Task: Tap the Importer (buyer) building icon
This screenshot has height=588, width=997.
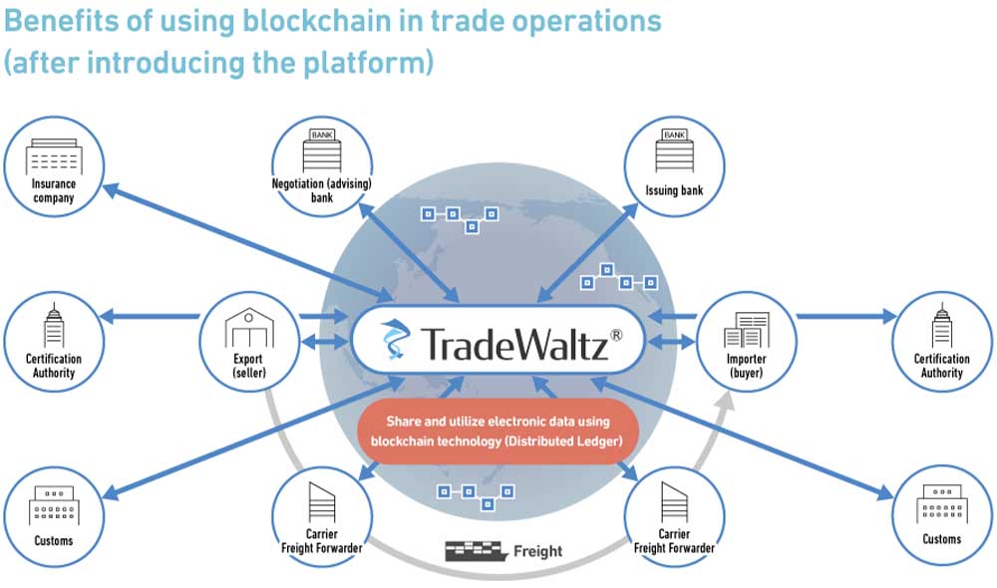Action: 747,330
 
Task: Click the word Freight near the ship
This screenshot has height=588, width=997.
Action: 538,550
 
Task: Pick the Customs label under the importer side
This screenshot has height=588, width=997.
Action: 941,539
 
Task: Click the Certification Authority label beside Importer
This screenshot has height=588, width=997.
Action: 941,366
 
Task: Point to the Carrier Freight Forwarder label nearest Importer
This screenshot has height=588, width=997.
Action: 674,541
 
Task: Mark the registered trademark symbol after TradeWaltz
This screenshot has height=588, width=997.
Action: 616,337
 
